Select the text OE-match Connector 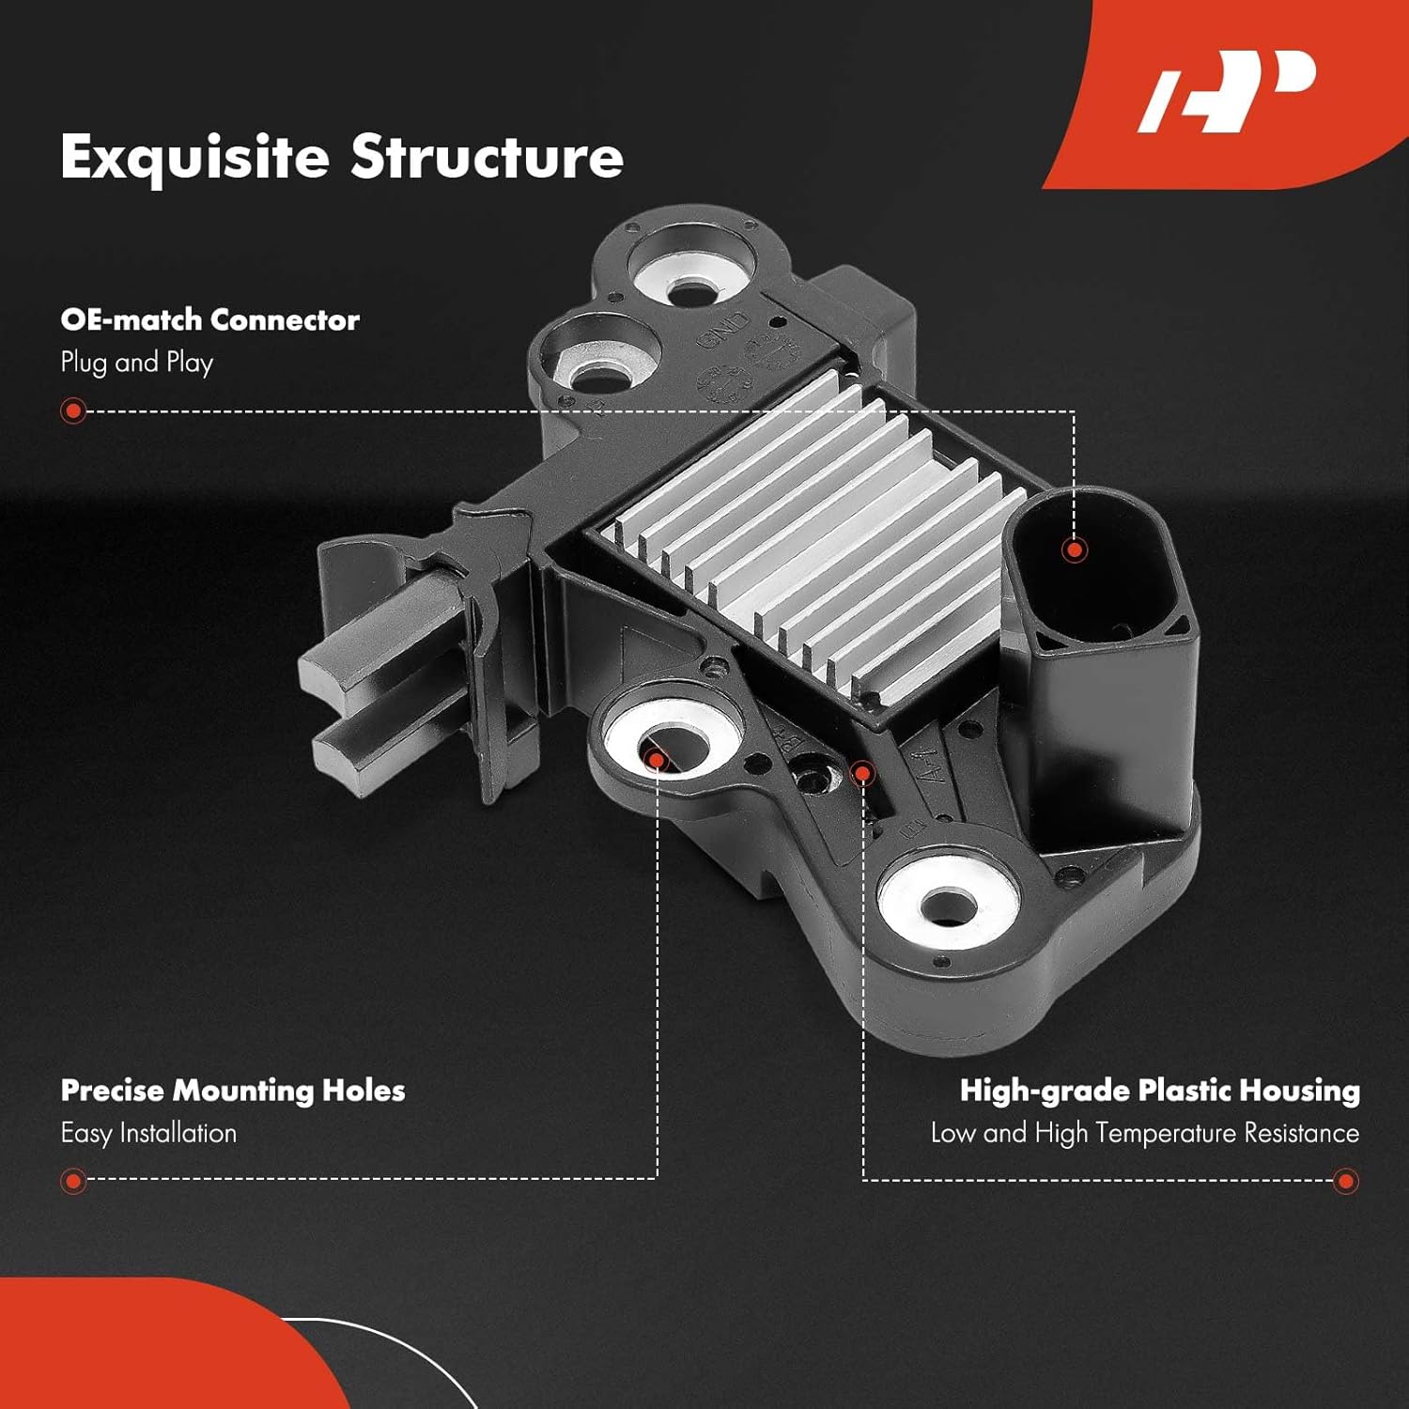(209, 319)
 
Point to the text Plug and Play (137, 362)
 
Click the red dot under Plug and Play (72, 410)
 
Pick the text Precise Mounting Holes (233, 1090)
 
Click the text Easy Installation (148, 1133)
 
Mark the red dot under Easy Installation (72, 1181)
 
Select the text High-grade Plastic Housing (1160, 1090)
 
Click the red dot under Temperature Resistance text (1345, 1181)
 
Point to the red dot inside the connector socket (1074, 550)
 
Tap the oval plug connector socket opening (1094, 564)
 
